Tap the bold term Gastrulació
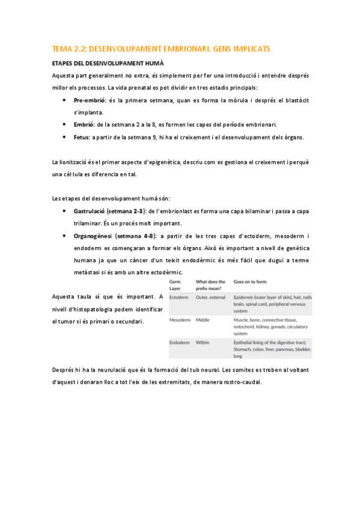90,212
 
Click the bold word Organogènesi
93,236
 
